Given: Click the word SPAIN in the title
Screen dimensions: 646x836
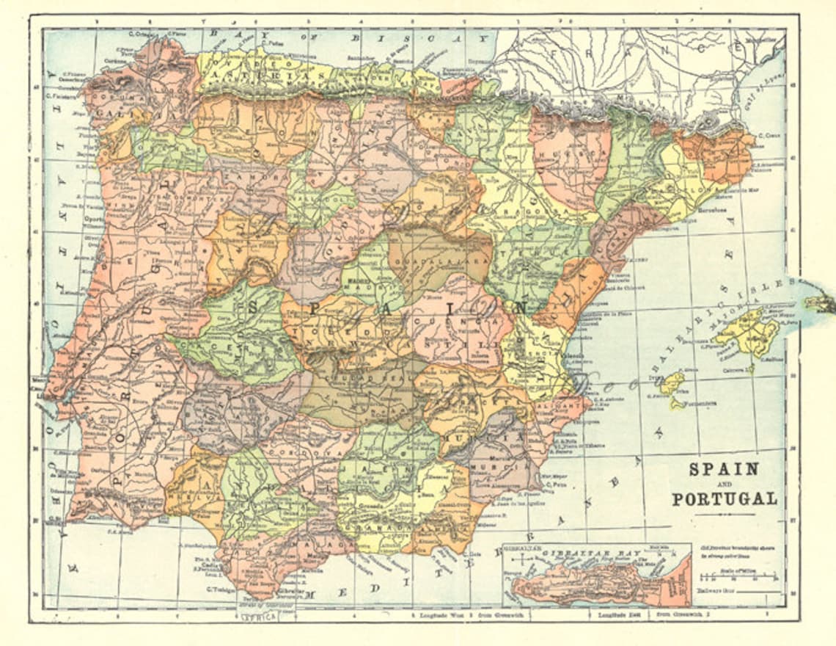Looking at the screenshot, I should [722, 468].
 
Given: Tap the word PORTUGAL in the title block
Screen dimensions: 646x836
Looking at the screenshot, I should [724, 498].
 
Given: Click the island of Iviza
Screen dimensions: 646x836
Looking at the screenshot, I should [672, 382].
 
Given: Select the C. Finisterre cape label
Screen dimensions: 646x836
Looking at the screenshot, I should [62, 95].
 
